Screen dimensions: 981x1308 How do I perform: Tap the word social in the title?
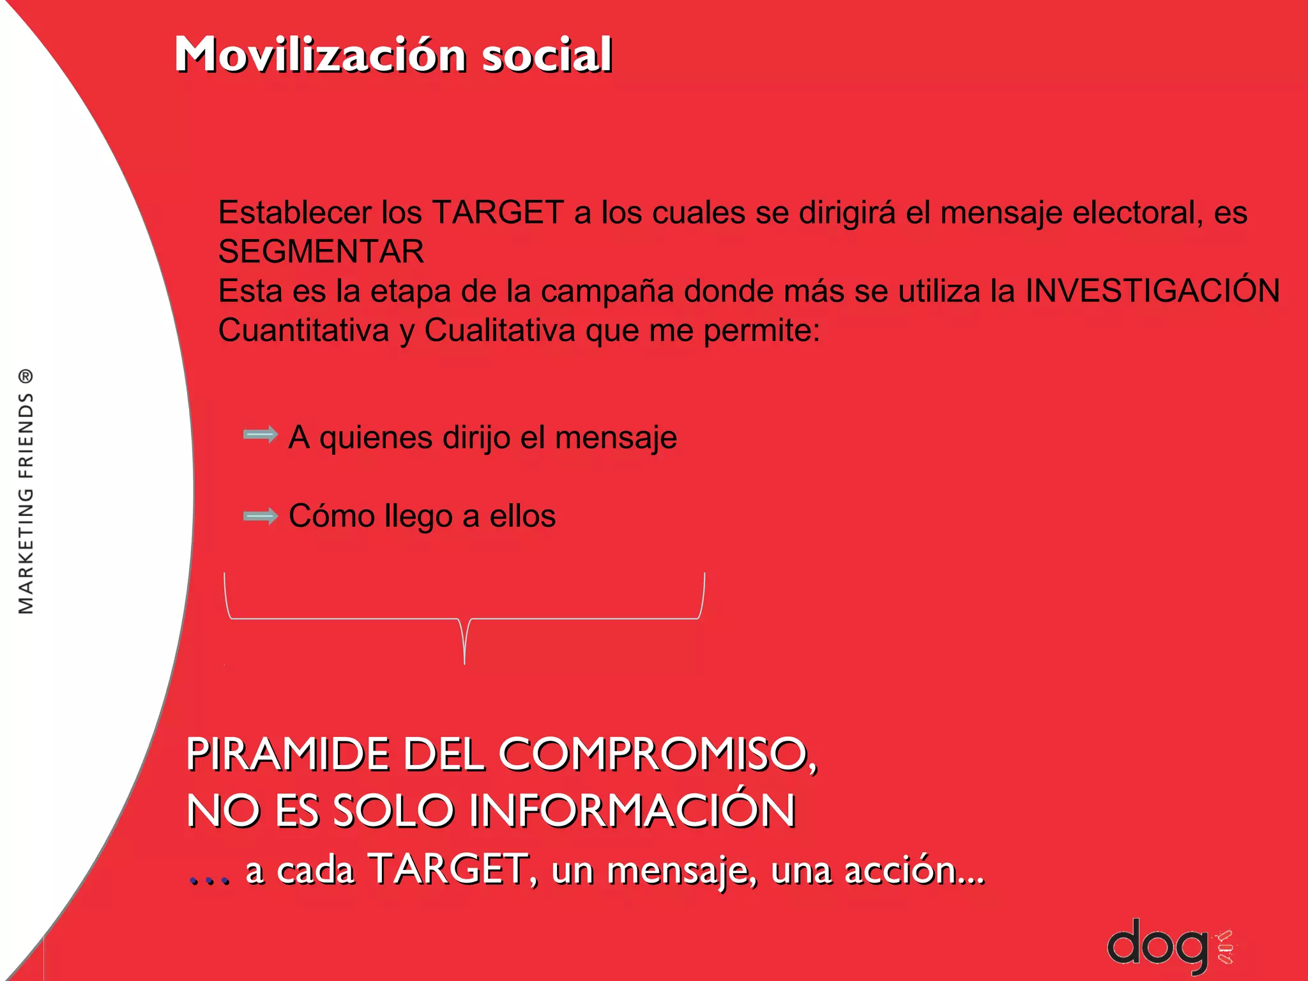(547, 55)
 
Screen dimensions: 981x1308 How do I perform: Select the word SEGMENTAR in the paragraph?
(321, 252)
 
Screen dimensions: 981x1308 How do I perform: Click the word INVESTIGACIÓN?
(1152, 291)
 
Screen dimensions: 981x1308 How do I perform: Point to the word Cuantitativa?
(303, 331)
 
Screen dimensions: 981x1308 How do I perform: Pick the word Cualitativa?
(499, 331)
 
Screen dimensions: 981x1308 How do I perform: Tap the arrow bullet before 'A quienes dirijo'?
(261, 436)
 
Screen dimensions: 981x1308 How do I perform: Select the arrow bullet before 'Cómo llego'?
(261, 516)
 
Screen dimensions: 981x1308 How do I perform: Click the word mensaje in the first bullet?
(616, 438)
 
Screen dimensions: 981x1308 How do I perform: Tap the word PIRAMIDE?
(287, 754)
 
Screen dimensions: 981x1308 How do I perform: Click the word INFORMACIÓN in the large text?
(632, 810)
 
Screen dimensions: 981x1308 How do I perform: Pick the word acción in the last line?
(913, 870)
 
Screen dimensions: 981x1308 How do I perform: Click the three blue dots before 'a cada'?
(209, 880)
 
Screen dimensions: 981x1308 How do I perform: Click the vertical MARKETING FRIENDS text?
(26, 505)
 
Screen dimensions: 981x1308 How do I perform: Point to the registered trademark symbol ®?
(25, 376)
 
